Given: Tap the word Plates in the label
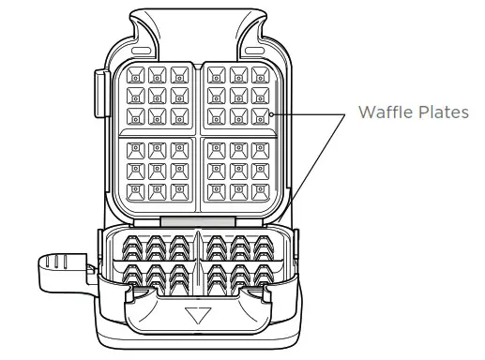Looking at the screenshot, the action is click(440, 112).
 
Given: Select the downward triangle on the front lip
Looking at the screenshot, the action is click(198, 314).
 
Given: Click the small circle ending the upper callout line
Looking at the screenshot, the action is click(271, 114).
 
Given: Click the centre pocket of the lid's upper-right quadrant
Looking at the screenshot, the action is click(238, 95).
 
